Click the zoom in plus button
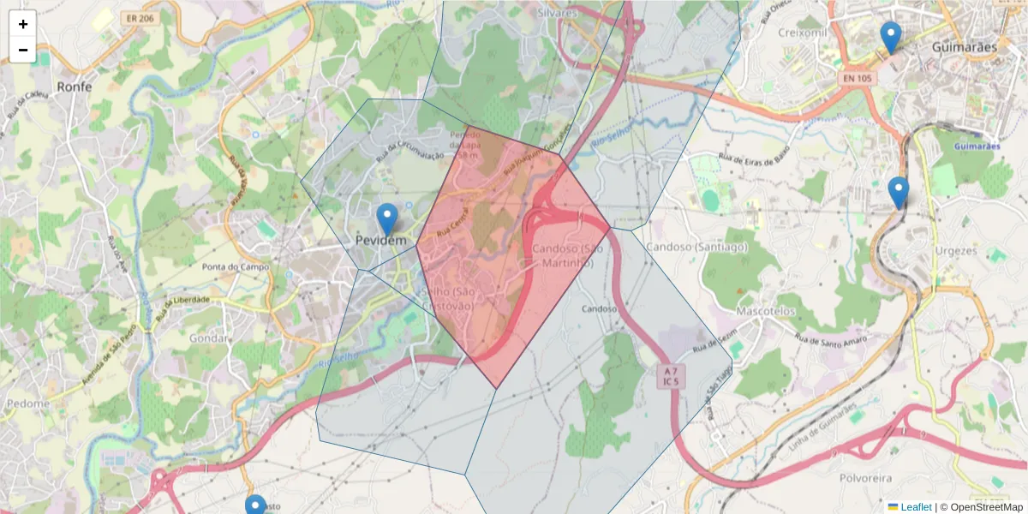[x=23, y=24]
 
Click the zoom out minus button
[x=23, y=50]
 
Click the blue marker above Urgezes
[x=898, y=193]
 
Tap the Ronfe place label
[x=74, y=87]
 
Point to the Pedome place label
[x=27, y=403]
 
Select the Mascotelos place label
[x=766, y=311]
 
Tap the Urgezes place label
[x=952, y=251]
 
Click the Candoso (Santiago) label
[x=696, y=247]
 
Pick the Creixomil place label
[x=801, y=33]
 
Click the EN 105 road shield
[x=857, y=79]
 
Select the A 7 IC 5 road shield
[x=671, y=376]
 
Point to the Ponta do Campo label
[x=236, y=267]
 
